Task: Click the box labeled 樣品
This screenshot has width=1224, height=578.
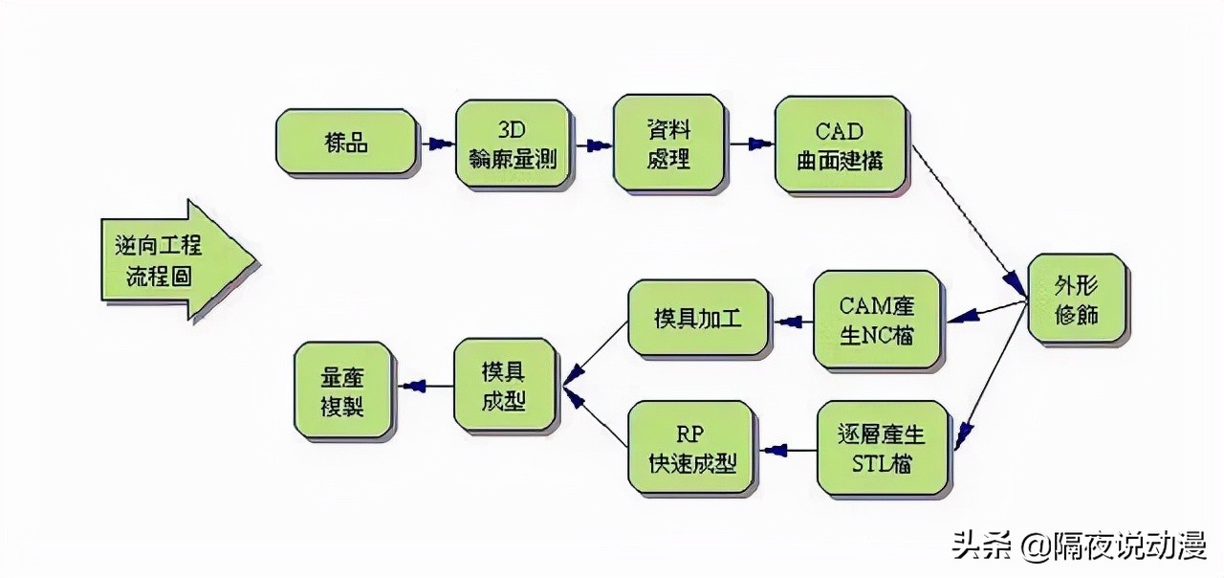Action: click(x=346, y=143)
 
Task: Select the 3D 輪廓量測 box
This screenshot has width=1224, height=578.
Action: click(x=514, y=145)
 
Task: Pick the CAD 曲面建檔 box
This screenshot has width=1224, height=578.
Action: click(x=840, y=145)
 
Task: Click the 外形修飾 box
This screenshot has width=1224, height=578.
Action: click(x=1076, y=299)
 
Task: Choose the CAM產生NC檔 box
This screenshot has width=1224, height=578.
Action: click(x=877, y=320)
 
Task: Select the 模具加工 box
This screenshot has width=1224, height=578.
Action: click(x=697, y=319)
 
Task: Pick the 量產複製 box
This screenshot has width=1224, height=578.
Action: click(x=341, y=390)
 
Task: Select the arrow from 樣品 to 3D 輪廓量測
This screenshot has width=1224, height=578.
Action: click(x=435, y=144)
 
